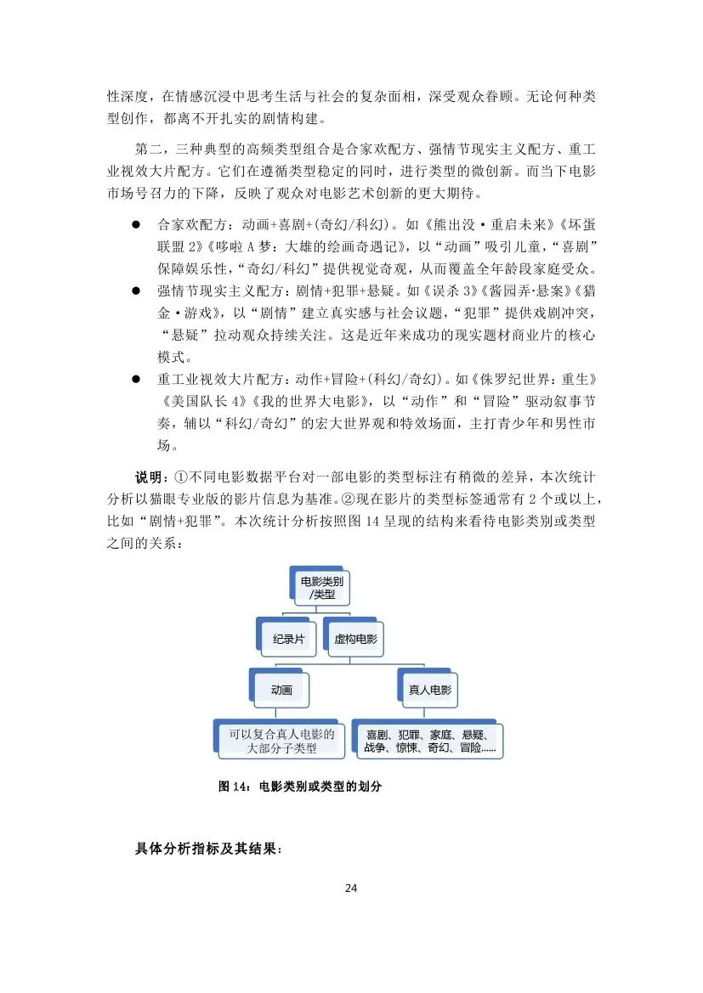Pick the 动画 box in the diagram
pyautogui.click(x=281, y=690)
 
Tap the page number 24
pyautogui.click(x=351, y=889)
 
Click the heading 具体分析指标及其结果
pyautogui.click(x=208, y=848)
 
